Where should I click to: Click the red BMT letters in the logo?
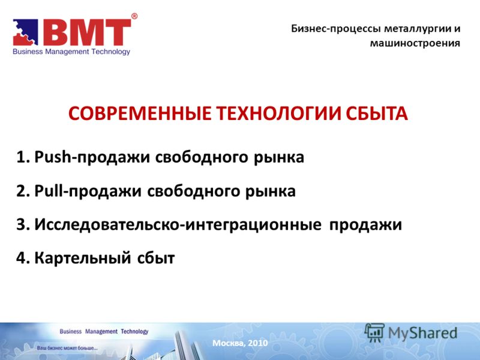click(87, 32)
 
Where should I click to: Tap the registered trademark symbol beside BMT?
click(134, 16)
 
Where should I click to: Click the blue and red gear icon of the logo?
click(25, 32)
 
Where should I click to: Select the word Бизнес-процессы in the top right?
click(336, 29)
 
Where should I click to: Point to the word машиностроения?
click(415, 43)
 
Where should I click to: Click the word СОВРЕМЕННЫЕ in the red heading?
click(140, 113)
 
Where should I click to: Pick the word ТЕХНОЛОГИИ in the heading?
click(278, 113)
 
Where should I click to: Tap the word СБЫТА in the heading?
click(377, 113)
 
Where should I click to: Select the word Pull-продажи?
click(88, 191)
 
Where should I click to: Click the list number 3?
click(23, 224)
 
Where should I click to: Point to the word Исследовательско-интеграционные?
click(178, 224)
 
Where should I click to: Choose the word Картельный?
click(83, 258)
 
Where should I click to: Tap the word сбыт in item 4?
click(156, 258)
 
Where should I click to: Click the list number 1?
click(23, 157)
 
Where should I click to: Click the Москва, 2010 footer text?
click(240, 343)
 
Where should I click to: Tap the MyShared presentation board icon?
click(374, 332)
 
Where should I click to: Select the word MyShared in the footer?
click(422, 334)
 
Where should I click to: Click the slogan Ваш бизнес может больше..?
click(67, 348)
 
